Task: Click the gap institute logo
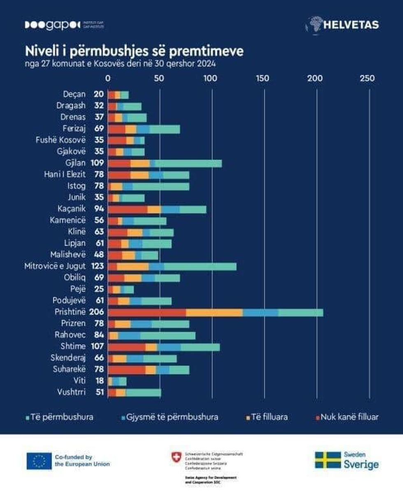(64, 25)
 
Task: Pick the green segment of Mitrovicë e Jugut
(200, 266)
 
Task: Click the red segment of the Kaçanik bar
(127, 209)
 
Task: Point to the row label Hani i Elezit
(65, 175)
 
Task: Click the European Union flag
(39, 461)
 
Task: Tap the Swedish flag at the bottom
(328, 460)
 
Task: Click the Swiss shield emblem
(176, 457)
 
